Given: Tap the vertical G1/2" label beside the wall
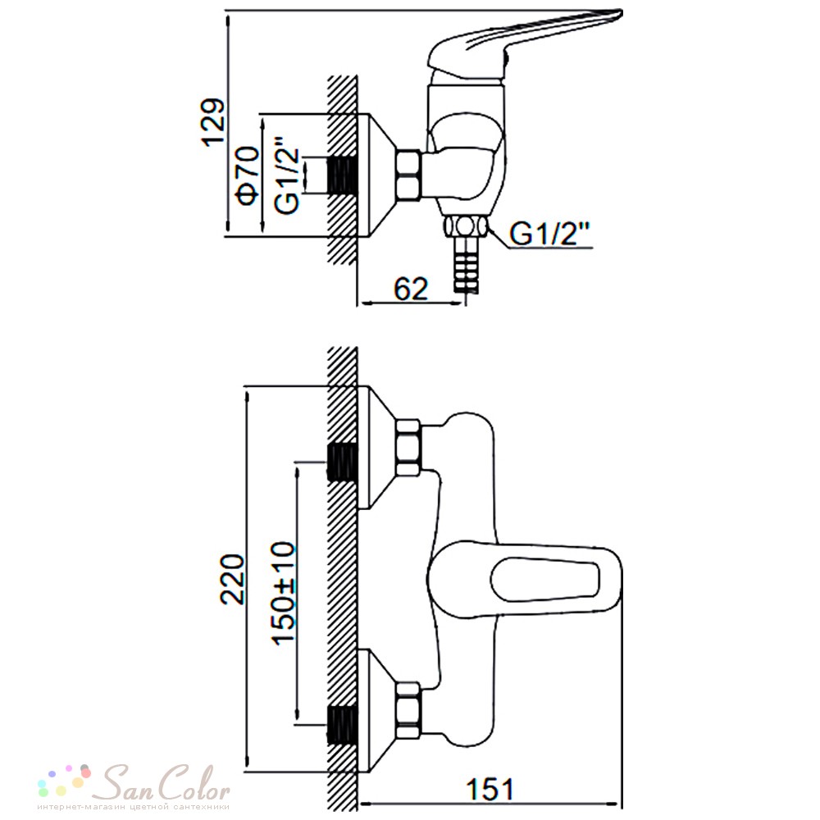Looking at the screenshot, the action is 287,175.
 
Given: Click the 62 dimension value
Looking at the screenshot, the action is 411,288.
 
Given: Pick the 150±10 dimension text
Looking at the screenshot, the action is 283,594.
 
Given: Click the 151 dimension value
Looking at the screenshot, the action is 490,789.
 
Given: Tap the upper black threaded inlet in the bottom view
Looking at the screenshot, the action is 342,462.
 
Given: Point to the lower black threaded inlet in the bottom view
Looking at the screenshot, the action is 342,725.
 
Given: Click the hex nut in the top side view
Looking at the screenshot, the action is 408,175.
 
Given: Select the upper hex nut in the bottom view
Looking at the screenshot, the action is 408,448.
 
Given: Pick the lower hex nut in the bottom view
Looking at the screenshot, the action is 408,711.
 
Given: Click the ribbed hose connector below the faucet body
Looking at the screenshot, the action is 466,263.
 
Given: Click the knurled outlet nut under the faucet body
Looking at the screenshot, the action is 466,227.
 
